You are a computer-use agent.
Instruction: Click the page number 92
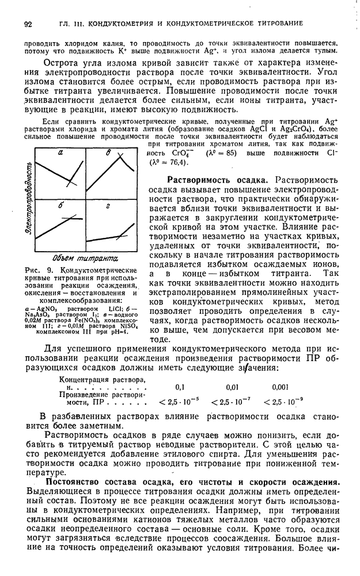[x=26, y=23]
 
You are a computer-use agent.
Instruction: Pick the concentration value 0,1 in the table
[x=180, y=387]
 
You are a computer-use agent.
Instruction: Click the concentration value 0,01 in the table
[x=232, y=387]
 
